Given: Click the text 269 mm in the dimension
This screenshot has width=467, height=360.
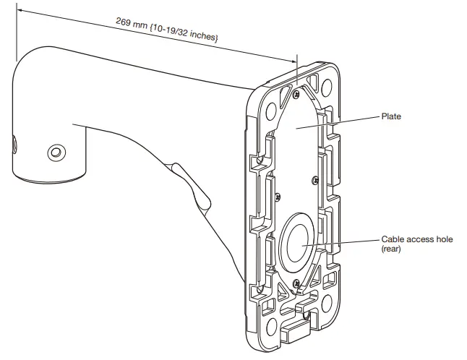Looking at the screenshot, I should tap(133, 23).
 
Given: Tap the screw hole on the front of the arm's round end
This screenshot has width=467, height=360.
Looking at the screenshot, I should tap(56, 153).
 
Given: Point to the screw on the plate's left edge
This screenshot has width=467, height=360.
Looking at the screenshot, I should tap(277, 195).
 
